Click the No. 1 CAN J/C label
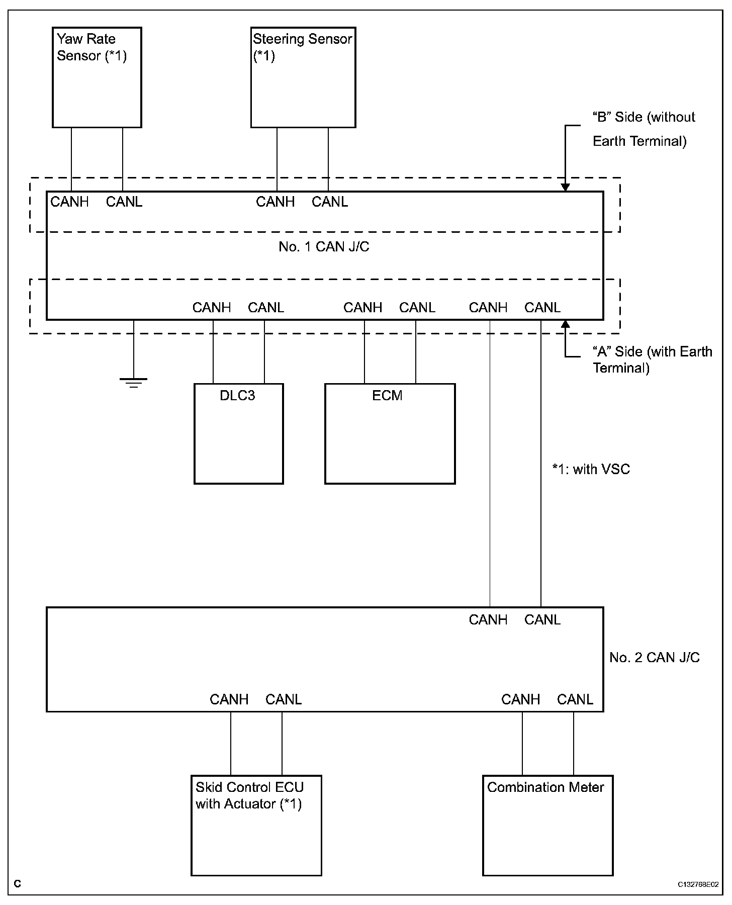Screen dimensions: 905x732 (324, 247)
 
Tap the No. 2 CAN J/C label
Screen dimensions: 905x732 (654, 658)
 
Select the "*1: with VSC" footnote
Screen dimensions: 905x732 (591, 470)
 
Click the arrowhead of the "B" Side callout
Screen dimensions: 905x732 (565, 188)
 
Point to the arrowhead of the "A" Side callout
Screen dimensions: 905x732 (565, 323)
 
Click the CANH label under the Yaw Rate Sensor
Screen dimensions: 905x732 (69, 202)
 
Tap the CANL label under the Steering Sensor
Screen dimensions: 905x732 (330, 202)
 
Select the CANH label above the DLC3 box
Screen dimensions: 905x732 (212, 308)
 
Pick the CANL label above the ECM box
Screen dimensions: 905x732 (417, 308)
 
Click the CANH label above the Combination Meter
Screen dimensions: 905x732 (520, 699)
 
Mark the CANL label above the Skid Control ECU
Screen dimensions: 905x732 (284, 699)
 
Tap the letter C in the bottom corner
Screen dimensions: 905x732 (18, 884)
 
